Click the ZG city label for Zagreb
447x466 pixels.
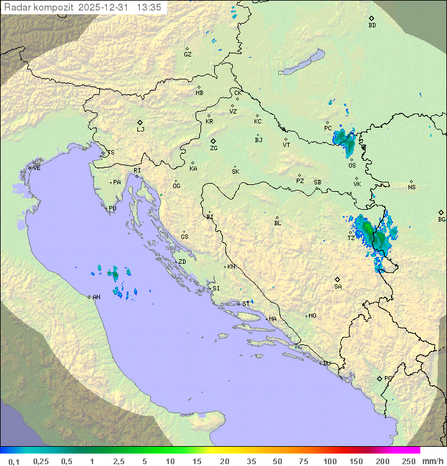(214, 148)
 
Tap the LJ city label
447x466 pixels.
(140, 129)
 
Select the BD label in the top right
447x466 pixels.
(372, 25)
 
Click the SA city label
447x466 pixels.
(338, 286)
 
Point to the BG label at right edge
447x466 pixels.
(441, 219)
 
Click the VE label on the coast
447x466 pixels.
(37, 168)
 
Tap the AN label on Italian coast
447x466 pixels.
(96, 297)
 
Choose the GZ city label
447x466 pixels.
(187, 54)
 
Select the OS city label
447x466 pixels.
(352, 165)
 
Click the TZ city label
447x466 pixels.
(351, 238)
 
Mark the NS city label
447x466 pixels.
(412, 187)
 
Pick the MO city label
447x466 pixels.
(312, 315)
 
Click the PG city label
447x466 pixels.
(388, 378)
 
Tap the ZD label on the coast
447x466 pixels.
(182, 262)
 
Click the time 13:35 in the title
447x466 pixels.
(150, 7)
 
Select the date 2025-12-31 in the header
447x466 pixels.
(104, 7)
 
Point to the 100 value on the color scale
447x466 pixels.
(330, 461)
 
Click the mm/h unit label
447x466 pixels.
(430, 461)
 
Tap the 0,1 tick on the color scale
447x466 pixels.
(13, 461)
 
